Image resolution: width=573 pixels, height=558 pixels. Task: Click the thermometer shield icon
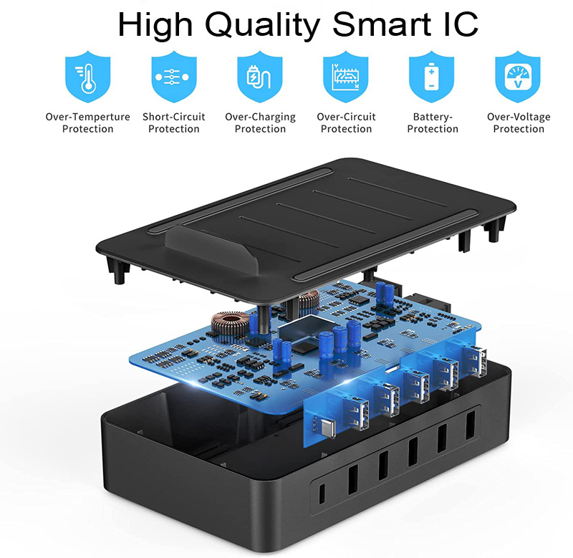pos(87,77)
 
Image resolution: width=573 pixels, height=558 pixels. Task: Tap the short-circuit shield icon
pos(174,77)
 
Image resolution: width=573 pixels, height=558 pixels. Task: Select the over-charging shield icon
pos(260,77)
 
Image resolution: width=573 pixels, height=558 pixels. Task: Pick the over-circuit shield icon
pos(346,77)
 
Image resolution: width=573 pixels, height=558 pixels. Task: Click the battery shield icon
pos(432,77)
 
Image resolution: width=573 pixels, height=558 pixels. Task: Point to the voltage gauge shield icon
pos(518,77)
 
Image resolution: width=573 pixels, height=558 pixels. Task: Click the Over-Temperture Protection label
pos(87,122)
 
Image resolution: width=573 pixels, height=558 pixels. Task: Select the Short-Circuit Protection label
pos(174,122)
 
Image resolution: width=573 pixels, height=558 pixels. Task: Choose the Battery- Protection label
pos(433,122)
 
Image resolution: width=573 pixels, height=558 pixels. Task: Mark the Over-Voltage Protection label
pos(519,122)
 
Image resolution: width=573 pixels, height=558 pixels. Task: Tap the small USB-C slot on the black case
pos(322,494)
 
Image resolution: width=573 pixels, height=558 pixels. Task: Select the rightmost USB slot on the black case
pos(471,425)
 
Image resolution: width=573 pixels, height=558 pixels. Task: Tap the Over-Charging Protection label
pos(260,122)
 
